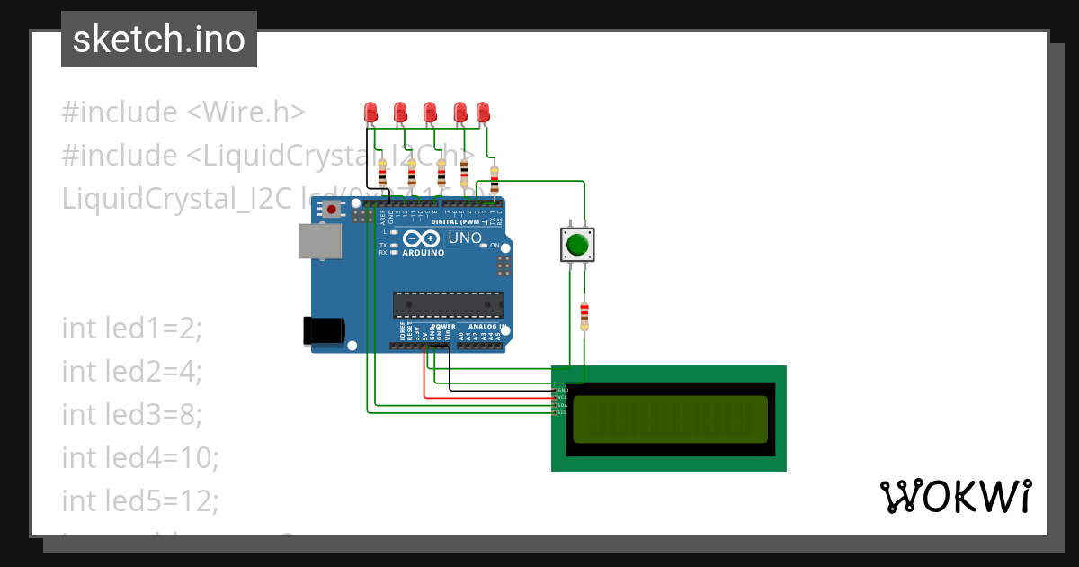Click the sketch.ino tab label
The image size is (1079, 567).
pos(159,40)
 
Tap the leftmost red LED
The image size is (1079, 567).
pos(370,112)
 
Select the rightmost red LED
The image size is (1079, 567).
pos(483,112)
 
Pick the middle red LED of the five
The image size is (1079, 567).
pos(430,112)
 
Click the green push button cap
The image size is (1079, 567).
pos(576,244)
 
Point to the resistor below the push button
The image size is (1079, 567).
pos(584,314)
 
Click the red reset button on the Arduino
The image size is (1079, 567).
pos(332,210)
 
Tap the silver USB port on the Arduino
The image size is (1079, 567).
pos(320,242)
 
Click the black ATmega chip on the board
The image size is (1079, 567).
pos(447,304)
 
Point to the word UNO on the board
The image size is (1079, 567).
pos(465,238)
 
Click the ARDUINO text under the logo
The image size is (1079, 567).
pos(423,253)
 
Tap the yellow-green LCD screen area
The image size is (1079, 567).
pos(670,418)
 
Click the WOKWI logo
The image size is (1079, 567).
pos(955,496)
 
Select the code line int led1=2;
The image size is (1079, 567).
pos(132,328)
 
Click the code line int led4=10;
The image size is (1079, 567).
pos(140,458)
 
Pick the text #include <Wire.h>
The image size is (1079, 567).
pos(183,112)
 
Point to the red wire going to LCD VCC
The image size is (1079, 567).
pos(486,396)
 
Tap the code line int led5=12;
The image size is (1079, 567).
pos(140,500)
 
